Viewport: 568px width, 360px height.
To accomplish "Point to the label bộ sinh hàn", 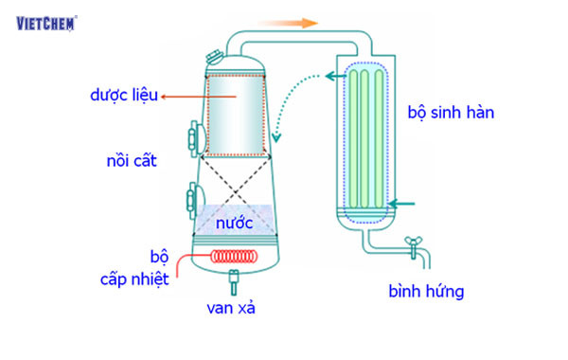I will coord(452,112).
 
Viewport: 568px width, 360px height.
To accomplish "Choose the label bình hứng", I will coord(426,291).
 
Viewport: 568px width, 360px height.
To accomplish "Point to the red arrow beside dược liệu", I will coord(185,96).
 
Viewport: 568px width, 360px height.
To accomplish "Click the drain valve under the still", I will coord(233,279).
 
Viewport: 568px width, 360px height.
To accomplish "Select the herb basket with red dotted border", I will coord(233,115).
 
